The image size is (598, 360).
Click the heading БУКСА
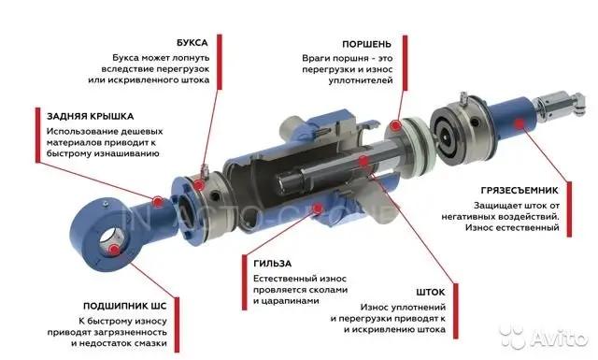click(192, 43)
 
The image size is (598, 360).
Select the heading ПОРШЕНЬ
click(366, 44)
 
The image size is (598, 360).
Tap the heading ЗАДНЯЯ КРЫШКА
click(90, 117)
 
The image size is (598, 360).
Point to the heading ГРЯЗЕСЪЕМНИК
click(520, 191)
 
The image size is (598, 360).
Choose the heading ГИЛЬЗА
click(272, 264)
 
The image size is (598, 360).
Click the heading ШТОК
click(431, 293)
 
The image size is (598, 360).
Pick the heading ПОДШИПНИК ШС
click(124, 306)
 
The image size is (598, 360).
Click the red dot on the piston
click(396, 125)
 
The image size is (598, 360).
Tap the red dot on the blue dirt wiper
click(518, 123)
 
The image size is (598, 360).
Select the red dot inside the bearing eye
click(113, 250)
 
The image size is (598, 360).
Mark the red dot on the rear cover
click(158, 201)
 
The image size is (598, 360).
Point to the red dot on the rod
click(364, 161)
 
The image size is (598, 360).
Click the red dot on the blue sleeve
click(318, 208)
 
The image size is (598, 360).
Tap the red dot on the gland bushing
click(198, 186)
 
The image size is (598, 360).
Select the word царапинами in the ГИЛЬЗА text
click(286, 301)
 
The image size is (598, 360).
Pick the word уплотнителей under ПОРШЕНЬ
click(361, 81)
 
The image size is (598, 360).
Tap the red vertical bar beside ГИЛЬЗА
click(245, 282)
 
